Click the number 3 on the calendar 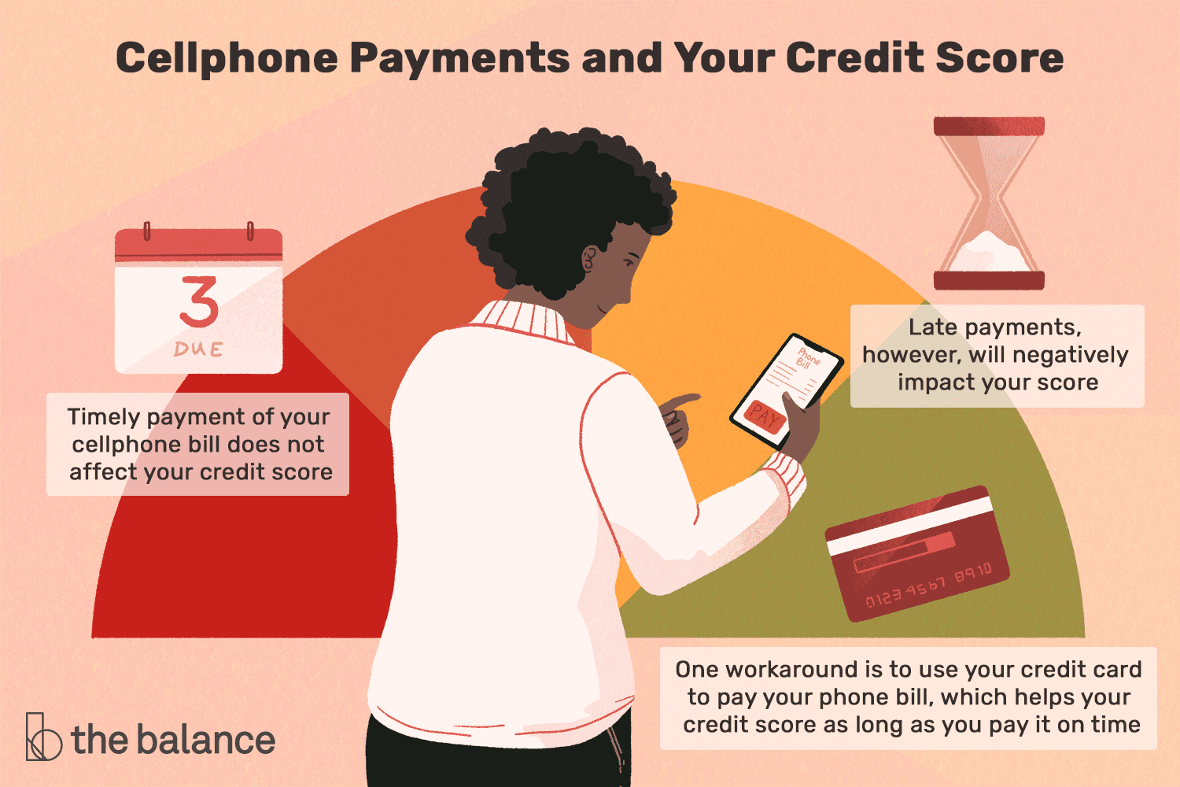199,301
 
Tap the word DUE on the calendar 198,349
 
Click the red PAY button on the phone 765,416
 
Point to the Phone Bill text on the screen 806,358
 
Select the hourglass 989,203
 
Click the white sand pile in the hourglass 989,253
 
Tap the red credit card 917,553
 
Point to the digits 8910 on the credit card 974,571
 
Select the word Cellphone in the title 227,58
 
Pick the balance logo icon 43,737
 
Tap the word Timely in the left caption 105,417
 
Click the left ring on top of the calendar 148,231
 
